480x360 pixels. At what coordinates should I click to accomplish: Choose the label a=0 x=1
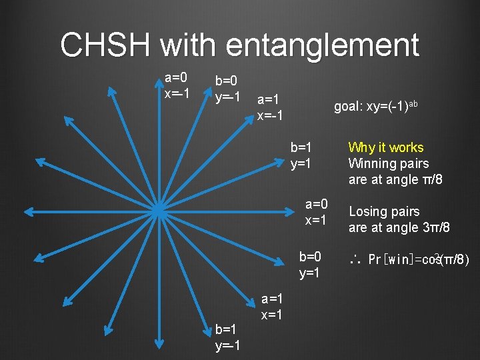316,212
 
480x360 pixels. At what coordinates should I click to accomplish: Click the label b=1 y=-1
227,337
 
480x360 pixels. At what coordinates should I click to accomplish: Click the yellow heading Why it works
385,147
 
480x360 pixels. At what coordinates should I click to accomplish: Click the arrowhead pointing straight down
159,345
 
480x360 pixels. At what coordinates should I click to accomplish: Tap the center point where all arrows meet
159,211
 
